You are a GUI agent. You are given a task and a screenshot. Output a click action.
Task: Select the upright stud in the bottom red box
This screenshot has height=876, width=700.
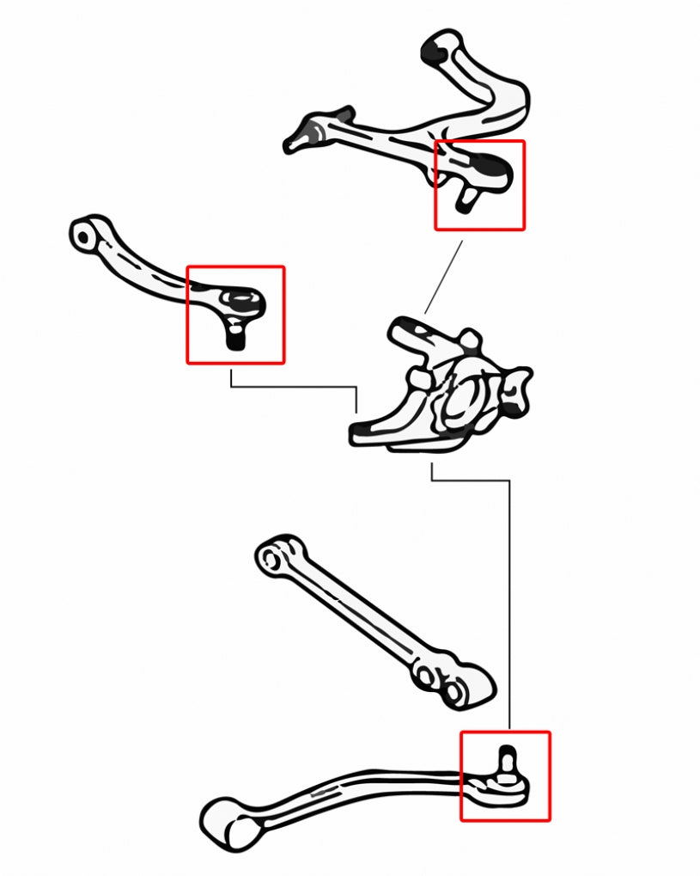(x=507, y=757)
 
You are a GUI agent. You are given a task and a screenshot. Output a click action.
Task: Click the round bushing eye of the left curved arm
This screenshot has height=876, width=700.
(x=83, y=233)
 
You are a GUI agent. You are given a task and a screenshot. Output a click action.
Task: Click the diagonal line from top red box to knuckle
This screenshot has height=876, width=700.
(x=443, y=277)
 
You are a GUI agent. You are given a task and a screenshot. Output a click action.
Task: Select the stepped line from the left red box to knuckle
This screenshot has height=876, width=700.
(x=292, y=387)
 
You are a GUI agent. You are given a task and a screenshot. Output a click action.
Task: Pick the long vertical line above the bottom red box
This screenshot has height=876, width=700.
(x=509, y=602)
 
